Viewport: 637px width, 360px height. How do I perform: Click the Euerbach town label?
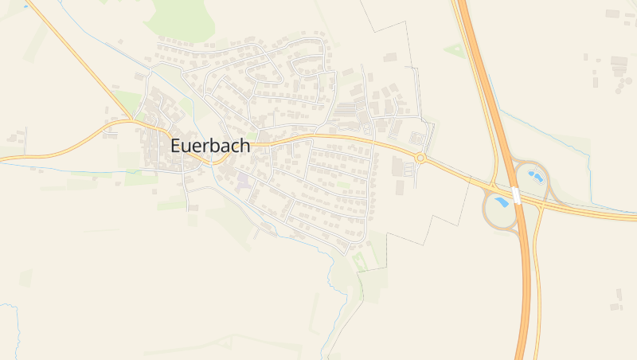[210, 147]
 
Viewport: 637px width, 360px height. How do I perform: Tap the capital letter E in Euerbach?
[177, 147]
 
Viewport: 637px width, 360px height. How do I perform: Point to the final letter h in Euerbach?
[244, 147]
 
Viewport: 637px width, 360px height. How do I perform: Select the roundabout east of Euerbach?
[420, 158]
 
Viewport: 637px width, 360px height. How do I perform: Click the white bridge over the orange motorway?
[516, 195]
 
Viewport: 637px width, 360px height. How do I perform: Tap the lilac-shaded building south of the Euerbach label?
[243, 181]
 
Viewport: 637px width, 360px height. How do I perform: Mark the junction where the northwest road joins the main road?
[131, 122]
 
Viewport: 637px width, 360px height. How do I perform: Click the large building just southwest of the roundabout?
[397, 166]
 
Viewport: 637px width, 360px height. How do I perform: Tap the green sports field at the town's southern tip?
[360, 260]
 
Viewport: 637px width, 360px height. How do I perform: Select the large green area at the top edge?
[182, 16]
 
